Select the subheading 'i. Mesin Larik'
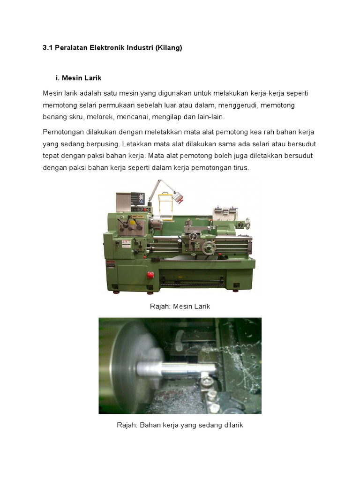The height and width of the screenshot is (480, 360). (78, 77)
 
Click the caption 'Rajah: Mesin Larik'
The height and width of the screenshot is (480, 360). (180, 306)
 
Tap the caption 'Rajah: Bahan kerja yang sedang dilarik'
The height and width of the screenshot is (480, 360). (180, 425)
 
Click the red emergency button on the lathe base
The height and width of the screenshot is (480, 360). (150, 275)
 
